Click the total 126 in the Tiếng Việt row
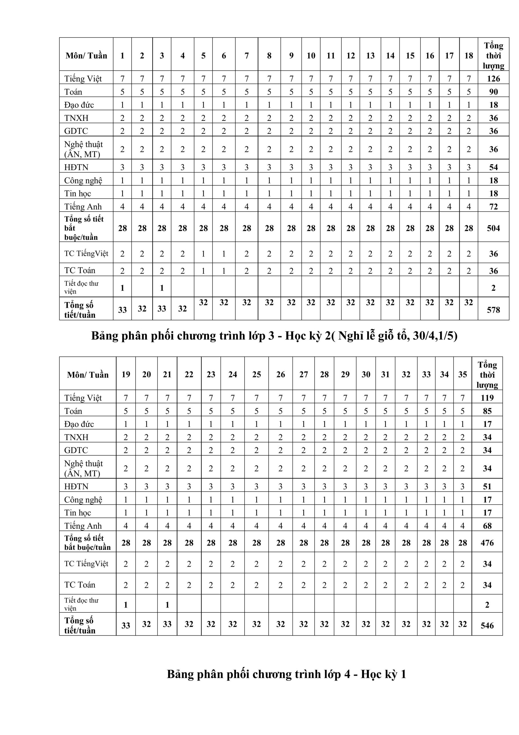[493, 78]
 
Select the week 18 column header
[469, 56]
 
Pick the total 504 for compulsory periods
[493, 228]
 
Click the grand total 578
[493, 310]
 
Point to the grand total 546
[487, 625]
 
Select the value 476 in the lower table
[487, 543]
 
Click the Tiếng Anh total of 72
[493, 206]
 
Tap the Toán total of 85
[487, 411]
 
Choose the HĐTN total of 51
[487, 486]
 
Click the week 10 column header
[311, 56]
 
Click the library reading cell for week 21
[167, 605]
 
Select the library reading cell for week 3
[162, 288]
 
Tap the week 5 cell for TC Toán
[203, 271]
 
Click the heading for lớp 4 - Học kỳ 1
[286, 674]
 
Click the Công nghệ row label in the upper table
[83, 181]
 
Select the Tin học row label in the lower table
[77, 512]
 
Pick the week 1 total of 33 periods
[122, 310]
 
